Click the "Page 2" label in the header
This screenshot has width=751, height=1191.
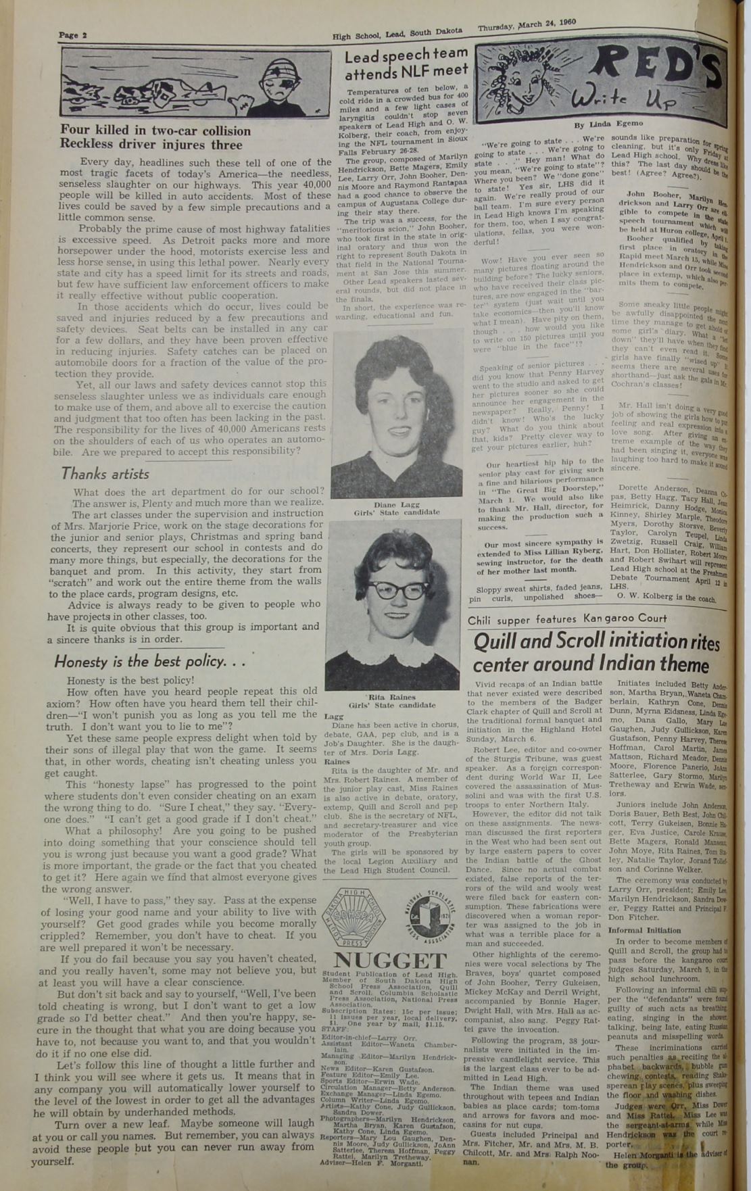pyautogui.click(x=69, y=35)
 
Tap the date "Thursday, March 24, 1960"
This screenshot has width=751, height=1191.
pyautogui.click(x=527, y=25)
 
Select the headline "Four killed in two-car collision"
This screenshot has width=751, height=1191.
pyautogui.click(x=155, y=130)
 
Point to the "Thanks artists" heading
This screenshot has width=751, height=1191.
pyautogui.click(x=105, y=473)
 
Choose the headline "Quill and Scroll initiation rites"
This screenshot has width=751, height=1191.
pyautogui.click(x=597, y=642)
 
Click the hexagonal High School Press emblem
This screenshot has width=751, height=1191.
pyautogui.click(x=353, y=917)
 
